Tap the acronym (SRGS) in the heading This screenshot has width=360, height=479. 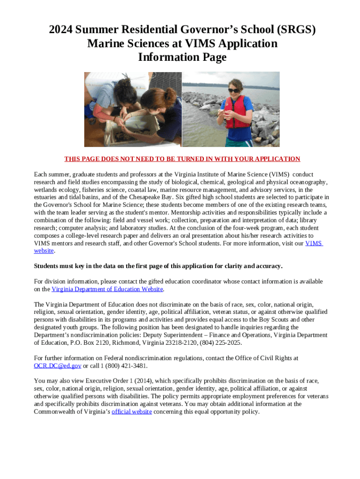click(x=282, y=30)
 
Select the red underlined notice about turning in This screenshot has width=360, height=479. click(x=182, y=159)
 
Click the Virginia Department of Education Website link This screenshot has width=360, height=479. click(x=107, y=289)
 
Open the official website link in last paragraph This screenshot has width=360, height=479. click(x=131, y=412)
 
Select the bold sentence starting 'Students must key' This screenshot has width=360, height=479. click(x=158, y=266)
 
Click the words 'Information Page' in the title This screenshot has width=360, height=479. click(x=182, y=58)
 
